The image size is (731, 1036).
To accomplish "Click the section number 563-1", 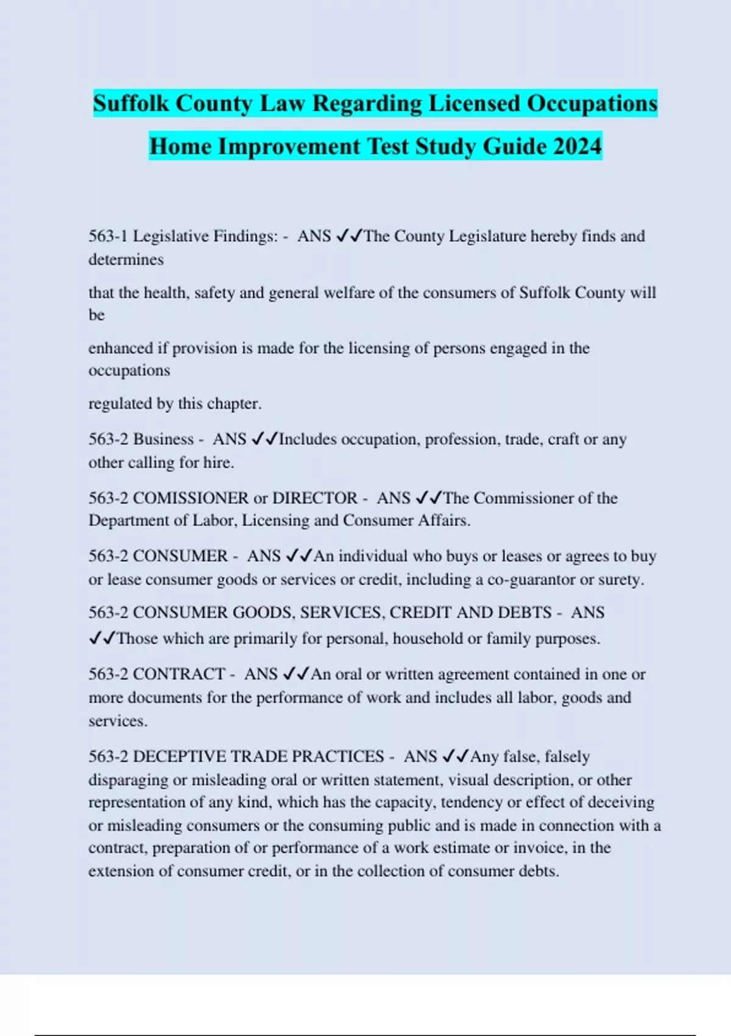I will [108, 236].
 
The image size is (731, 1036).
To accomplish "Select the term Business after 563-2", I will [163, 439].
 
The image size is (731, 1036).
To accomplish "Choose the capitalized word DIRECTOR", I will [314, 498].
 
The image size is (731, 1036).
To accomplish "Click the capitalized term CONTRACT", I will [179, 674].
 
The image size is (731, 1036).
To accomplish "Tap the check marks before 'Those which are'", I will [102, 639].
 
